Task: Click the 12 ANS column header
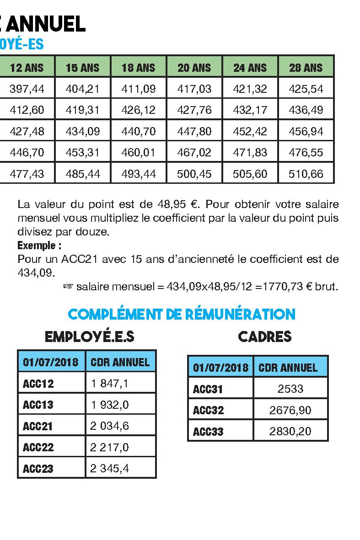tap(27, 68)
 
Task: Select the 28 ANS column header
tap(306, 68)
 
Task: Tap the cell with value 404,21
tap(83, 89)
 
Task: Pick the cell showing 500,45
tap(194, 174)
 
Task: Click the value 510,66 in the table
tap(306, 174)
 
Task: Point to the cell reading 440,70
tap(139, 131)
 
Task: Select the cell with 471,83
tap(250, 152)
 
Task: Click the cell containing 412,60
tap(27, 110)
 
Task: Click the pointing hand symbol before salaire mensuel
tap(68, 287)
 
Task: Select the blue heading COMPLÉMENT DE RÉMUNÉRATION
tap(182, 315)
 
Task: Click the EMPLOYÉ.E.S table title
tap(89, 337)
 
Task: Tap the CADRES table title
tap(265, 337)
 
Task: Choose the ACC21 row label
tap(38, 426)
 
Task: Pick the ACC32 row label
tap(209, 410)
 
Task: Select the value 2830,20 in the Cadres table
tap(290, 431)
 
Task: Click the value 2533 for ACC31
tap(290, 389)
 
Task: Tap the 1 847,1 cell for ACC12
tap(109, 383)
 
